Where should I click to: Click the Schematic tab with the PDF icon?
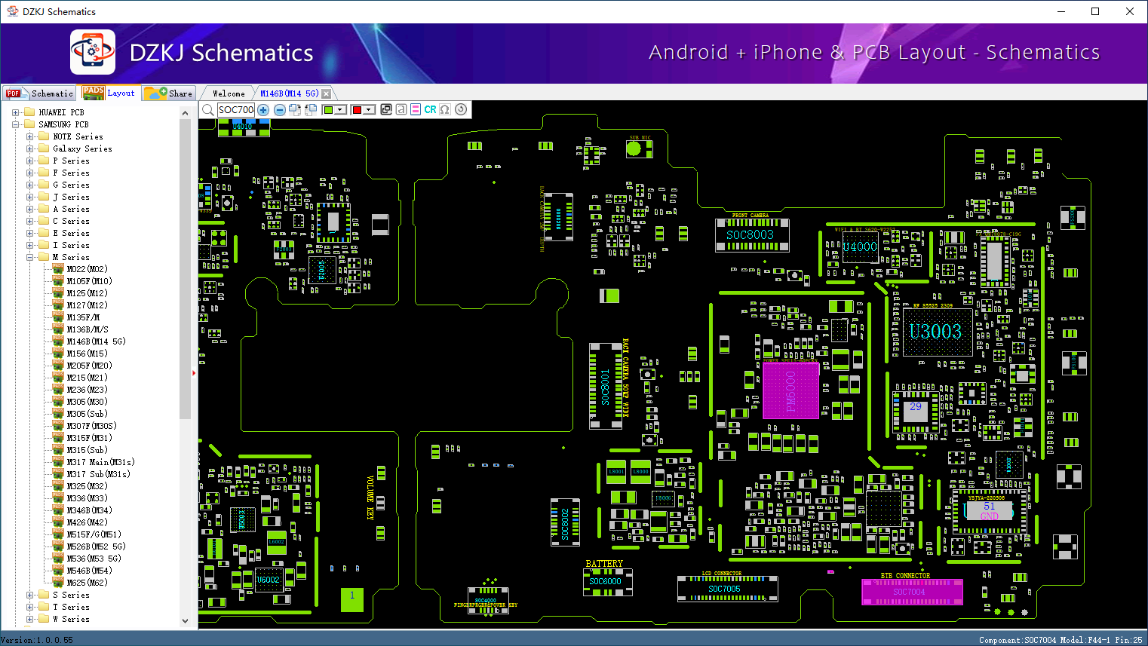click(x=40, y=93)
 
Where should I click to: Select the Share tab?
click(x=170, y=93)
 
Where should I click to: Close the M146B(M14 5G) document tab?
click(x=326, y=93)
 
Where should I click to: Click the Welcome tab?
click(x=229, y=93)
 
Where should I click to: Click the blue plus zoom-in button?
click(x=263, y=110)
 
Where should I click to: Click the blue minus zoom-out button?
click(x=279, y=110)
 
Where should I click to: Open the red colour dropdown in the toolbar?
click(x=369, y=110)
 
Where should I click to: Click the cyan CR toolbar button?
click(x=430, y=110)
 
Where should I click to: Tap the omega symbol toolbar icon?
click(x=445, y=110)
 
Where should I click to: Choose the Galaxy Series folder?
click(x=82, y=148)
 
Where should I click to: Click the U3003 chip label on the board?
click(x=935, y=332)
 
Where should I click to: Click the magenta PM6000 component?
click(x=790, y=390)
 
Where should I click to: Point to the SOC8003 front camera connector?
click(x=750, y=235)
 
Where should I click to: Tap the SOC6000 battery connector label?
click(x=605, y=581)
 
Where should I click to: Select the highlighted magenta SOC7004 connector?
click(x=911, y=592)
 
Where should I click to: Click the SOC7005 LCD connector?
click(x=725, y=589)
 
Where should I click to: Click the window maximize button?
click(x=1095, y=11)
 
